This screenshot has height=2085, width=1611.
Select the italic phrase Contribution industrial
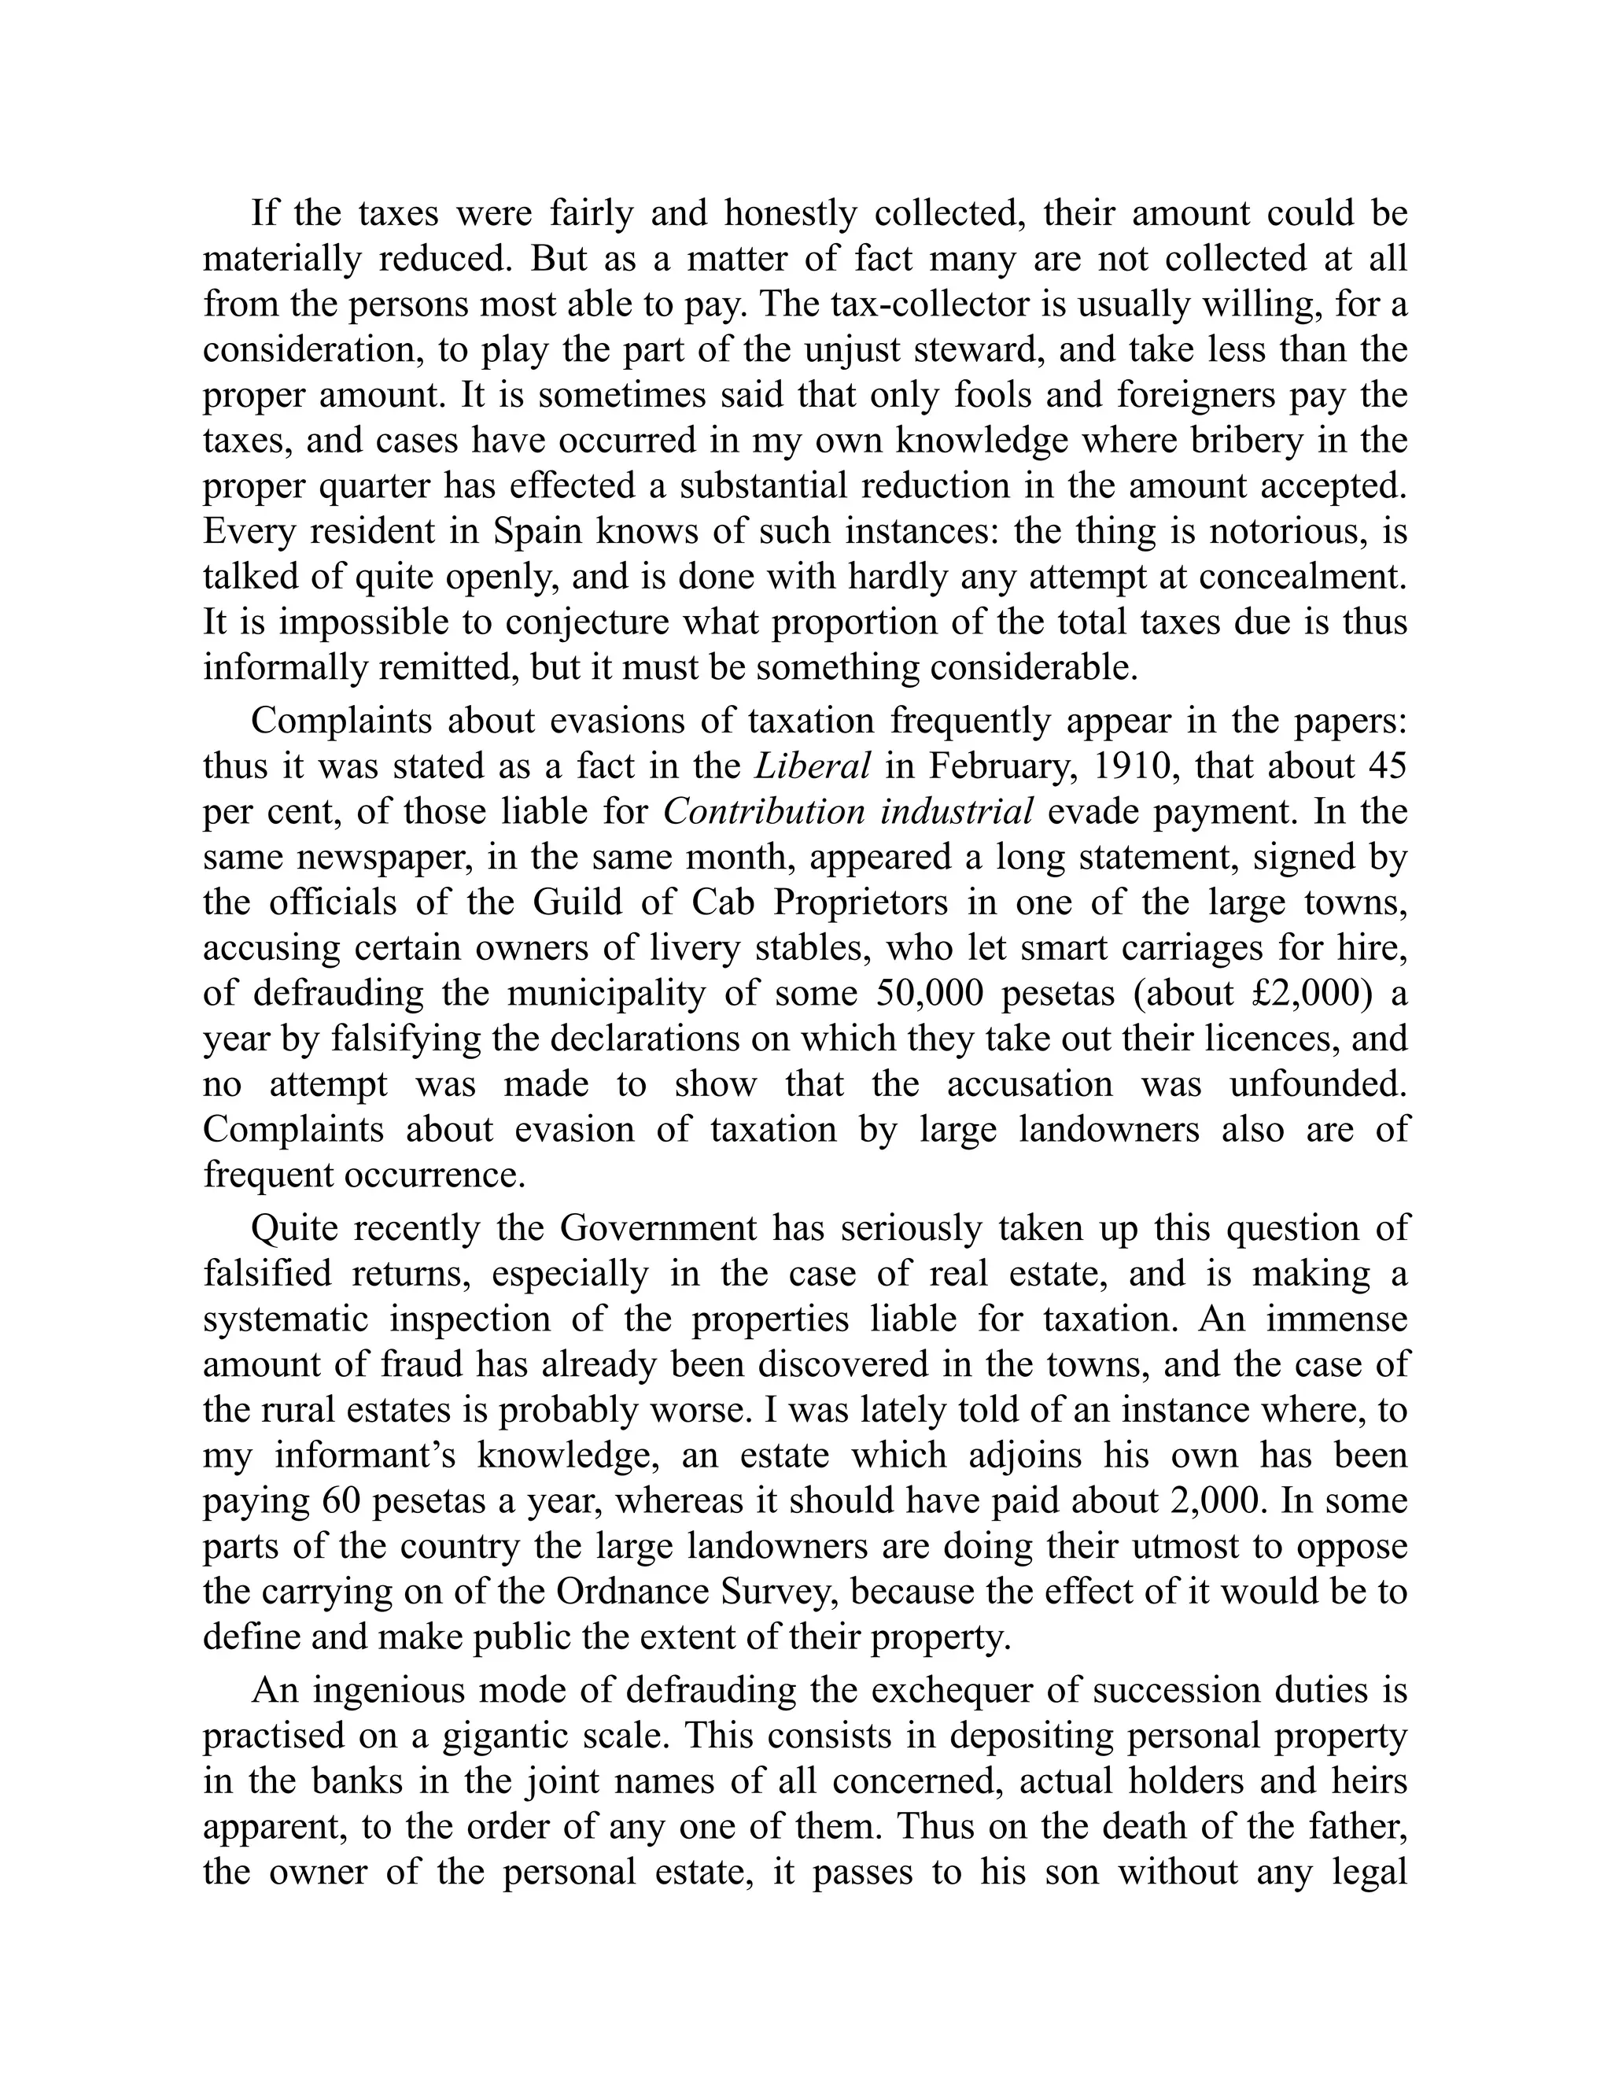pos(847,811)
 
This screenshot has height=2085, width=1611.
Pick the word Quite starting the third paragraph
pos(294,1227)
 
